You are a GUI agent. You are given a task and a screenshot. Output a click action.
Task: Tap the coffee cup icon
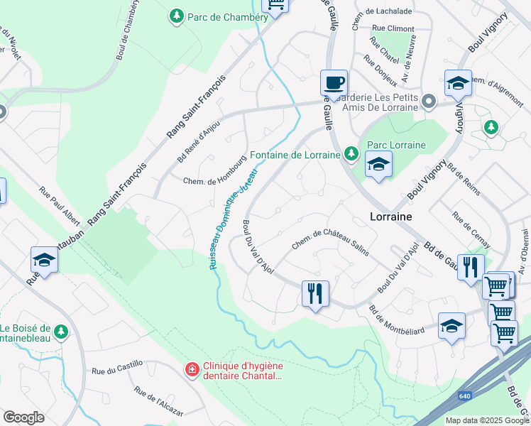(x=334, y=82)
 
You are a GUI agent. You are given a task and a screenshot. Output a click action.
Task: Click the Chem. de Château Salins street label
(x=331, y=242)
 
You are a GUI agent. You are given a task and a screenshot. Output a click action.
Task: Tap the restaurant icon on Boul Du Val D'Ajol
(x=315, y=293)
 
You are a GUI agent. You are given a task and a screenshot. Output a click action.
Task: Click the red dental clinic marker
(x=191, y=369)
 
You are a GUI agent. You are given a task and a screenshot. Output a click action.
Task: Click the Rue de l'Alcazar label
(x=158, y=403)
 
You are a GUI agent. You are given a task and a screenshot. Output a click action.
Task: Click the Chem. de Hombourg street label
(x=209, y=181)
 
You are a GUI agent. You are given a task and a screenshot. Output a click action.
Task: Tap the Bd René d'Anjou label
(x=198, y=141)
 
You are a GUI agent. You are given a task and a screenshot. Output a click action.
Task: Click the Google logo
(x=24, y=417)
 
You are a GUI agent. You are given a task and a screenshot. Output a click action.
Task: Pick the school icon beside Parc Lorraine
(x=378, y=165)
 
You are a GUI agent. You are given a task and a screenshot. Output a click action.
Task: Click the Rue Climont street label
(x=393, y=28)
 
